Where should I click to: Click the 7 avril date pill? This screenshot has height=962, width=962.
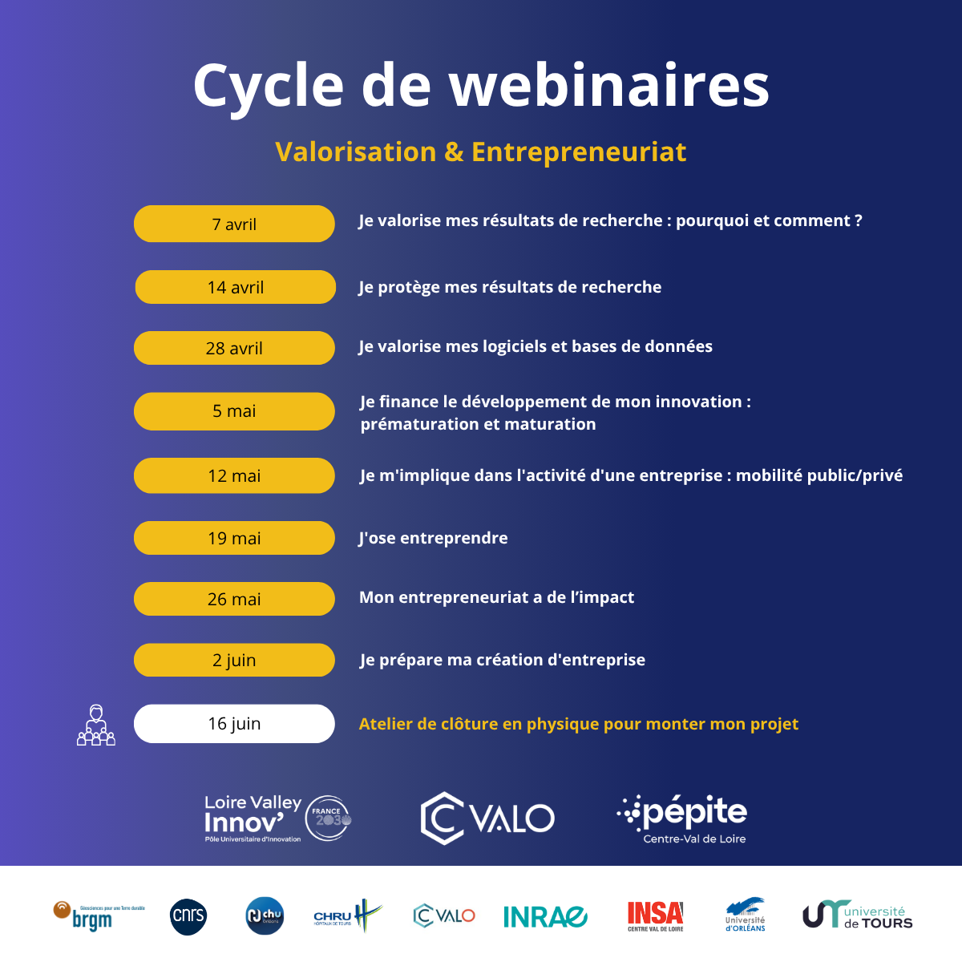[234, 224]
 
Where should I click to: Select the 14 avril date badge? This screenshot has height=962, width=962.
[235, 287]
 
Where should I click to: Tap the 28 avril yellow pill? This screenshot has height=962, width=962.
[234, 348]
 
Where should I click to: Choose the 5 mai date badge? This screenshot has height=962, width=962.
[234, 411]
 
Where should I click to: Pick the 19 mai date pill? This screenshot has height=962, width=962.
[234, 538]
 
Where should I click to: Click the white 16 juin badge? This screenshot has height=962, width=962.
[234, 724]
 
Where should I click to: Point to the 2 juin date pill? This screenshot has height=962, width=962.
[234, 660]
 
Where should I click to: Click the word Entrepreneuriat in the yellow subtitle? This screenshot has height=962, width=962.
[579, 152]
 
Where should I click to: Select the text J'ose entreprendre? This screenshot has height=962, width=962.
[433, 538]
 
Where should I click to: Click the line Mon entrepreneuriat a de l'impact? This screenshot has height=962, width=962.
[496, 597]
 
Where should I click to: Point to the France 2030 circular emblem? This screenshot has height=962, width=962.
[329, 818]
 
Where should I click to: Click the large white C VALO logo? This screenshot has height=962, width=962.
[487, 819]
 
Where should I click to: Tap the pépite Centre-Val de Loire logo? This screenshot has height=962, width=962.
[683, 819]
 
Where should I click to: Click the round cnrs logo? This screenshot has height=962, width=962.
[189, 916]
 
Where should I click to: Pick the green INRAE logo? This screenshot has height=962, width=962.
[545, 916]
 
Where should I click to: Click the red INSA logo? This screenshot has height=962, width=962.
[655, 916]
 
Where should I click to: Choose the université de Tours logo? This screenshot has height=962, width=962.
[857, 915]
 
